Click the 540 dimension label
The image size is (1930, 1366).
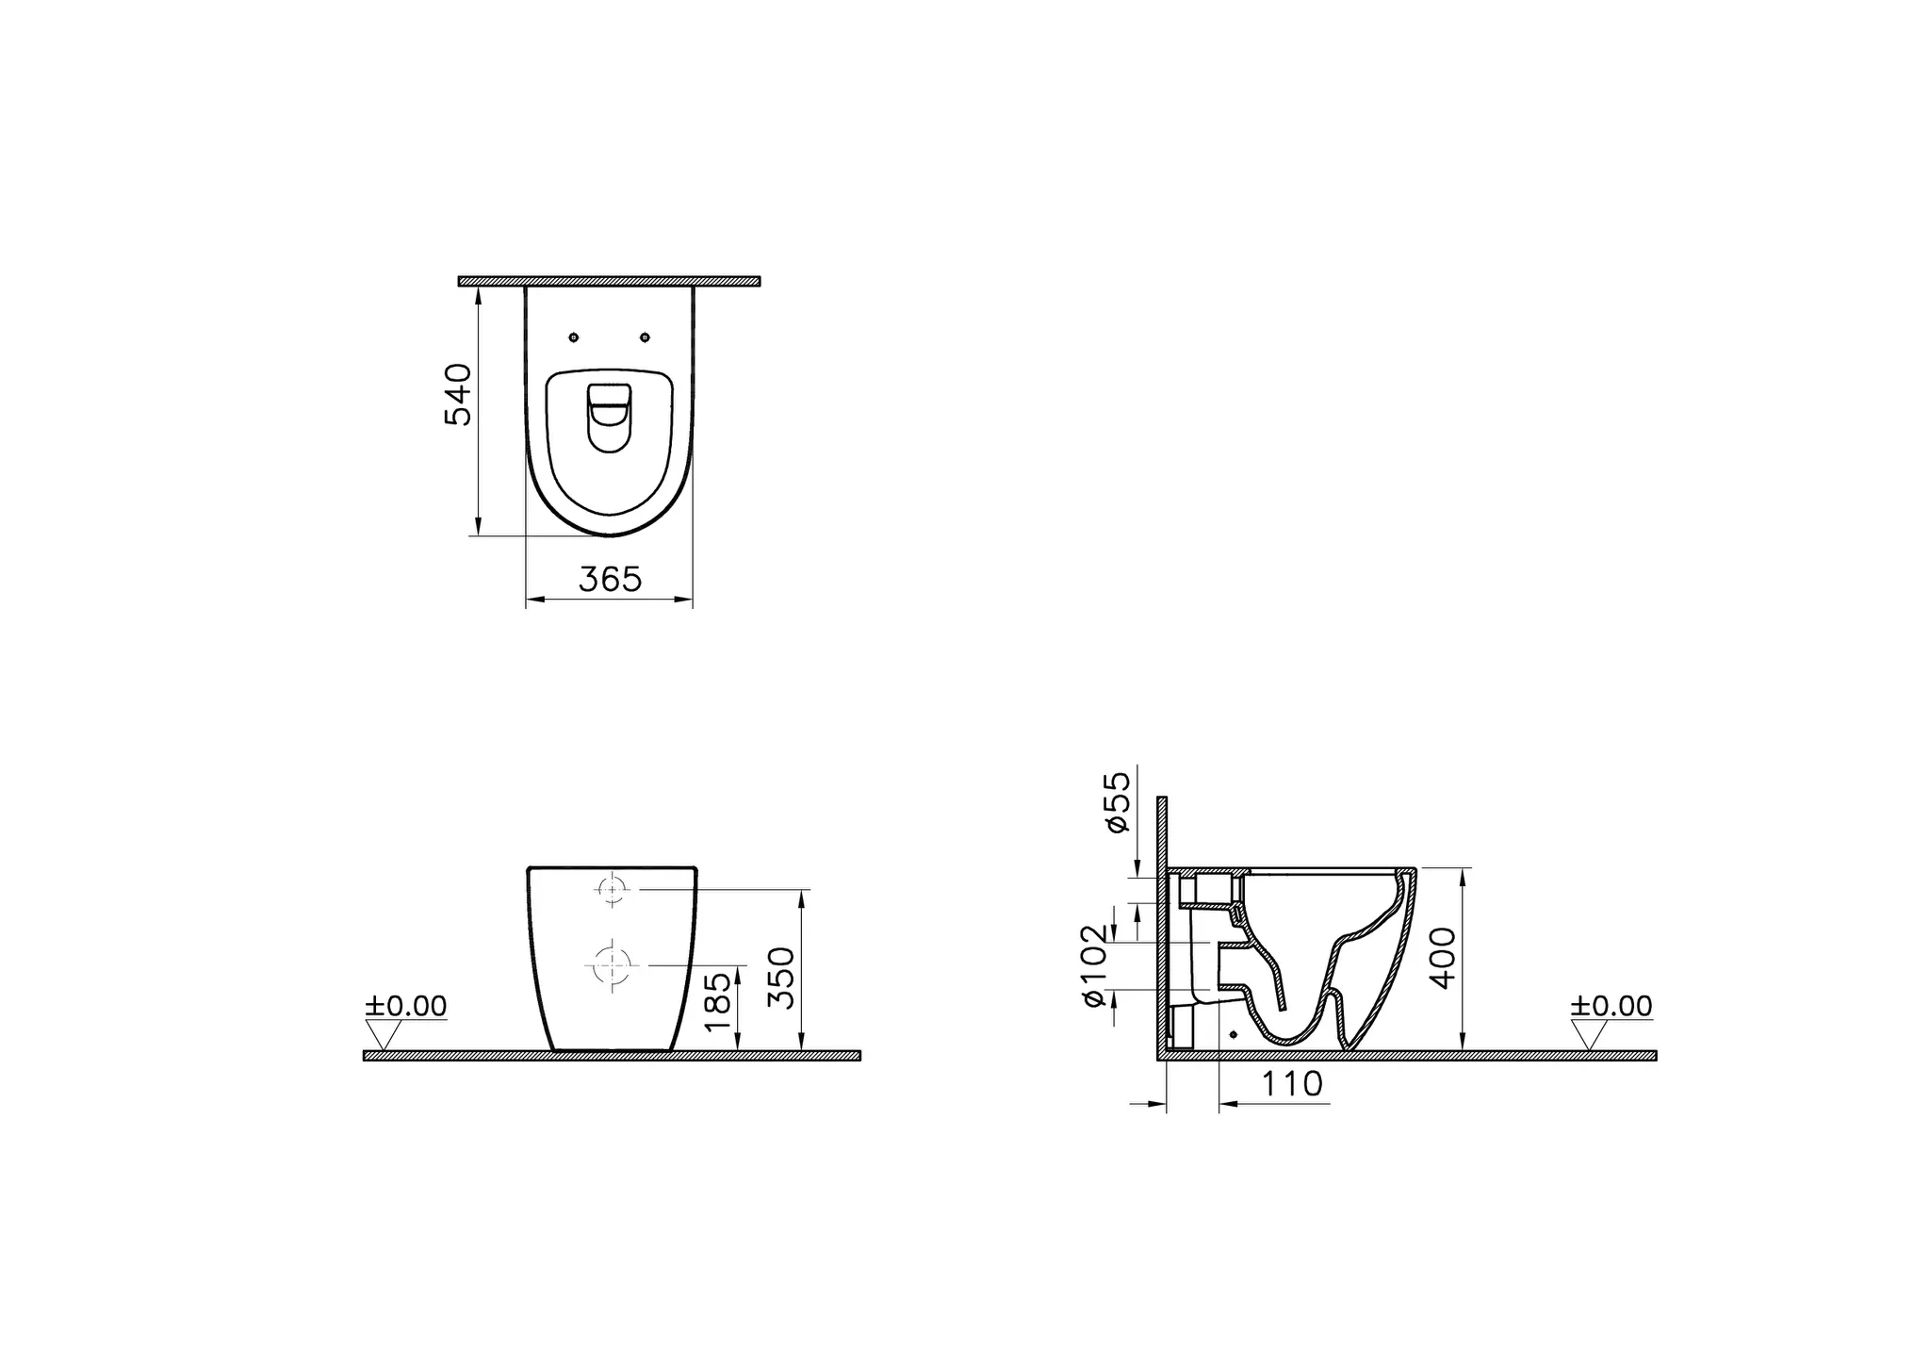[457, 394]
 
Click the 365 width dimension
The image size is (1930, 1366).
[610, 580]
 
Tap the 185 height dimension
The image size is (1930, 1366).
[717, 1000]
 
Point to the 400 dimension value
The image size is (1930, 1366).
[1443, 958]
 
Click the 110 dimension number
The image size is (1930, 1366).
[1292, 1084]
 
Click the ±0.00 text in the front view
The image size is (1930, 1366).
[406, 1006]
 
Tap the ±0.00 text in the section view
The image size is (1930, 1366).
[1611, 1006]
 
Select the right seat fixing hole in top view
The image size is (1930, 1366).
[645, 337]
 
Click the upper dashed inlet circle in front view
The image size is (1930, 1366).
[613, 889]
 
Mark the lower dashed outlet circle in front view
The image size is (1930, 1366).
[610, 964]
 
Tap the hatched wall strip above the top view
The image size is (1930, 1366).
[609, 281]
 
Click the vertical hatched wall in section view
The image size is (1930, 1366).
[1162, 924]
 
